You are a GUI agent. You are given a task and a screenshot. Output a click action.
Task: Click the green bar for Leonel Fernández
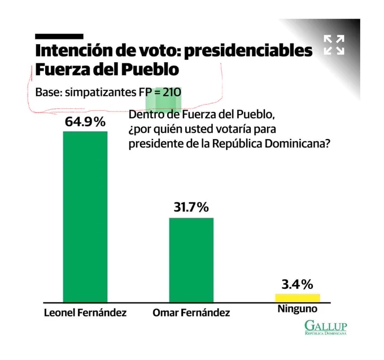pyautogui.click(x=85, y=217)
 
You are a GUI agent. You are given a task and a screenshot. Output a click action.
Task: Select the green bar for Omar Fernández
pyautogui.click(x=191, y=261)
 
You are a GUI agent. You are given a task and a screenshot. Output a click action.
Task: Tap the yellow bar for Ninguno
pyautogui.click(x=298, y=298)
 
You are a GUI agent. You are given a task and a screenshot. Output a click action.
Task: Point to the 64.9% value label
pyautogui.click(x=85, y=122)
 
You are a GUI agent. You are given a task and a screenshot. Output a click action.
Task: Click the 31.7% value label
pyautogui.click(x=191, y=207)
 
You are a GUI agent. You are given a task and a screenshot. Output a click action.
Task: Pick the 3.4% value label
pyautogui.click(x=297, y=284)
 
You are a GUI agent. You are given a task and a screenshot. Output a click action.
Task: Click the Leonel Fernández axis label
pyautogui.click(x=85, y=313)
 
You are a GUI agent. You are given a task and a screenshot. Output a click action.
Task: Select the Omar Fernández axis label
pyautogui.click(x=191, y=313)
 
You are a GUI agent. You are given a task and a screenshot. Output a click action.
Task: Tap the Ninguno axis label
pyautogui.click(x=298, y=309)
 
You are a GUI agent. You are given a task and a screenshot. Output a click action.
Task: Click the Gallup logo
pyautogui.click(x=326, y=328)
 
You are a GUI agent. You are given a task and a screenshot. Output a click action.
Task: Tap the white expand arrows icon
pyautogui.click(x=334, y=45)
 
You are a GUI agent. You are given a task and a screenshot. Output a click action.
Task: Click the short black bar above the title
pyautogui.click(x=59, y=37)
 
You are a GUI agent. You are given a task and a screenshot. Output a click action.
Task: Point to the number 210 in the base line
pyautogui.click(x=172, y=92)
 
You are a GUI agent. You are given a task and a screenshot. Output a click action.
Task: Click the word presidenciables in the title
pyautogui.click(x=248, y=51)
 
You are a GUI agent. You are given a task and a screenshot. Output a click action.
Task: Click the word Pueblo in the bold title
pyautogui.click(x=150, y=70)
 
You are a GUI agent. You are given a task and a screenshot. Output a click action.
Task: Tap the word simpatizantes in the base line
pyautogui.click(x=101, y=93)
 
